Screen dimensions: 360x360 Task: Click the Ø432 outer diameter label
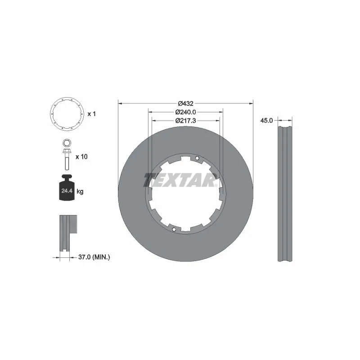pyautogui.click(x=185, y=103)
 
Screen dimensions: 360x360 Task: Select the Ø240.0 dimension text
pyautogui.click(x=185, y=112)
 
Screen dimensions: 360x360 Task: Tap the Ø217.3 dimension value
pyautogui.click(x=185, y=120)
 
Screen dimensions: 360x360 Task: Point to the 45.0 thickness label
pyautogui.click(x=267, y=120)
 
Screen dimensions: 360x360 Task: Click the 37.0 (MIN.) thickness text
pyautogui.click(x=94, y=257)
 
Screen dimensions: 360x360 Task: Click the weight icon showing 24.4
pyautogui.click(x=66, y=190)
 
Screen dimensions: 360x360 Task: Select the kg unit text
pyautogui.click(x=80, y=192)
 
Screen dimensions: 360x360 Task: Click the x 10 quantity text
pyautogui.click(x=81, y=157)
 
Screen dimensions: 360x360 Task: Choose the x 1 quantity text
pyautogui.click(x=92, y=114)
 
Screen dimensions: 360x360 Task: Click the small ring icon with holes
pyautogui.click(x=66, y=114)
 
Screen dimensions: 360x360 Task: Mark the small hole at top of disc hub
pyautogui.click(x=197, y=158)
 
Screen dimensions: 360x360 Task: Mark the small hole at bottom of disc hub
pyautogui.click(x=174, y=229)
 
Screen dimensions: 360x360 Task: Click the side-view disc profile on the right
pyautogui.click(x=284, y=193)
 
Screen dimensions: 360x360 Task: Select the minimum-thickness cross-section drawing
pyautogui.click(x=66, y=234)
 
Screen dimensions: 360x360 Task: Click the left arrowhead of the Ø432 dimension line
pyautogui.click(x=120, y=103)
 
